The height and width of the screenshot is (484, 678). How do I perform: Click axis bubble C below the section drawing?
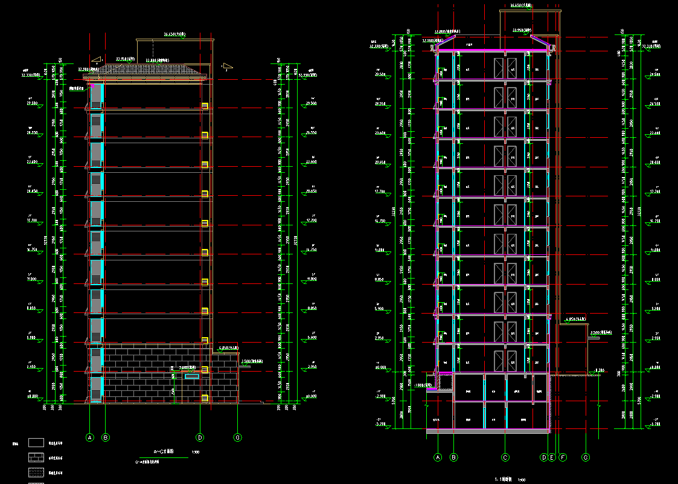click(505, 457)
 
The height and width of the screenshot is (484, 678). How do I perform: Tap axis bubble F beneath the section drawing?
click(563, 457)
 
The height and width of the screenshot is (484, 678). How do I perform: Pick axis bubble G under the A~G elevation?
click(238, 437)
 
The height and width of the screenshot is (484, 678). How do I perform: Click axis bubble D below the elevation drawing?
click(200, 437)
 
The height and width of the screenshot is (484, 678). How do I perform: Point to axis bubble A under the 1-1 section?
click(438, 457)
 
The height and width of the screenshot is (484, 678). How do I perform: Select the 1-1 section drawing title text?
click(504, 480)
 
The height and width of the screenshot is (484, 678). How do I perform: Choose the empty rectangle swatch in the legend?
click(36, 443)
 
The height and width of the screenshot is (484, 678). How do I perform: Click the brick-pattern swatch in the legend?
click(36, 457)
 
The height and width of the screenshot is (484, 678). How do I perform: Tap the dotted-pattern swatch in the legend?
click(36, 472)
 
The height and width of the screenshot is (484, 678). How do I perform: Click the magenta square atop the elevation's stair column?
click(92, 86)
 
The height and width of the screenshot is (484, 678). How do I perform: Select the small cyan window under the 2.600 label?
click(191, 376)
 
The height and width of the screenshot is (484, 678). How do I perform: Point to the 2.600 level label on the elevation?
click(188, 367)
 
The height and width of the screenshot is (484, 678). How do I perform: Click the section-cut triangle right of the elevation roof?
click(228, 66)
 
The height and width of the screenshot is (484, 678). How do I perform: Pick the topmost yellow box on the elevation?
click(205, 106)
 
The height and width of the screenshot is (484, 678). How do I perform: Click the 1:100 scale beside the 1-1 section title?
click(522, 480)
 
